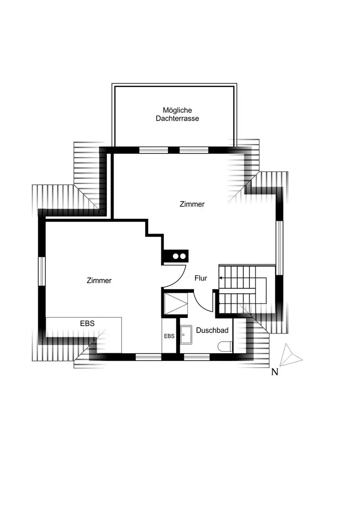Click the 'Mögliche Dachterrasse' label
177,114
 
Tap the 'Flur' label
201,278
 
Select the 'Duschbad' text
212,330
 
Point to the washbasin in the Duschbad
186,335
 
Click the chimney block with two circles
175,257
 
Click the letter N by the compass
274,372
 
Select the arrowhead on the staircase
221,278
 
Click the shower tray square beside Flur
176,304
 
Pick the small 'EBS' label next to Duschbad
169,336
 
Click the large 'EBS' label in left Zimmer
87,323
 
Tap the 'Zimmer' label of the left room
99,280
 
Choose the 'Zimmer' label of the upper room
192,204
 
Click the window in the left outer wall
42,271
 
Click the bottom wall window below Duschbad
197,357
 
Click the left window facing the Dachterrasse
154,150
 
